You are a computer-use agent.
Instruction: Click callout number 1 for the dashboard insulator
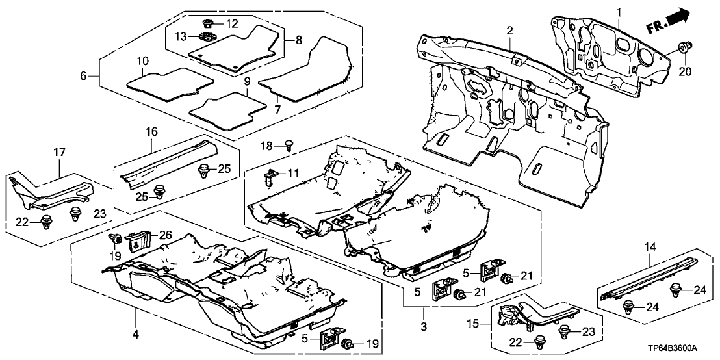tap(619, 12)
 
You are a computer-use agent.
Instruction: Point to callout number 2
tap(510, 31)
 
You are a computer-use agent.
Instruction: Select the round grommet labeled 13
tap(208, 36)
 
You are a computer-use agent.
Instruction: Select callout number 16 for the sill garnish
tap(151, 132)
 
